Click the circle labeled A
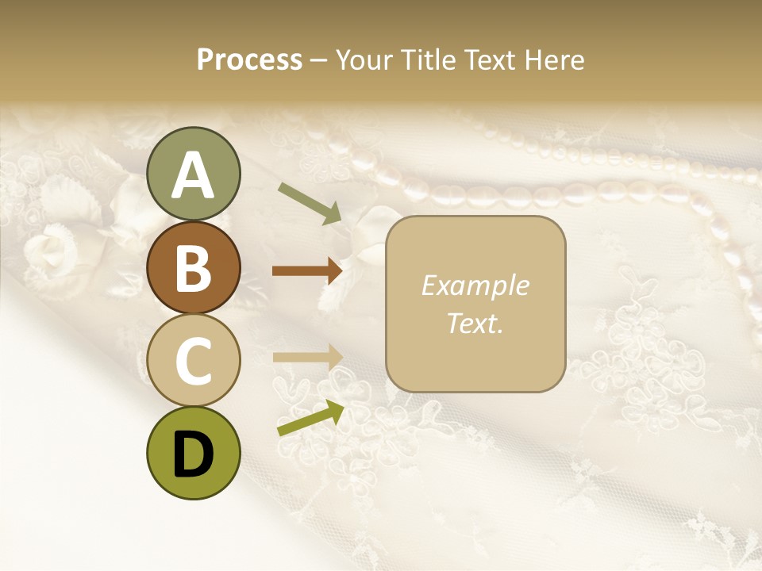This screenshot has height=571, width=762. point(193,174)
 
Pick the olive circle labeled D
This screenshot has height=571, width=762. point(193,453)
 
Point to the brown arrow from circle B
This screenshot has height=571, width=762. point(307,271)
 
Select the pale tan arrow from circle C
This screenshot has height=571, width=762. point(307,357)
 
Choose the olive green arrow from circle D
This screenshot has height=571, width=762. point(310,418)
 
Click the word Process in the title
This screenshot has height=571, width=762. point(249,60)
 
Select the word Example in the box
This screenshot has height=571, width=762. point(475,285)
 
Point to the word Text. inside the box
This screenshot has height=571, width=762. point(475,323)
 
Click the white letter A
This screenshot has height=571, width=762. point(193,175)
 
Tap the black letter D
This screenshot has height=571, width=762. point(193,454)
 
